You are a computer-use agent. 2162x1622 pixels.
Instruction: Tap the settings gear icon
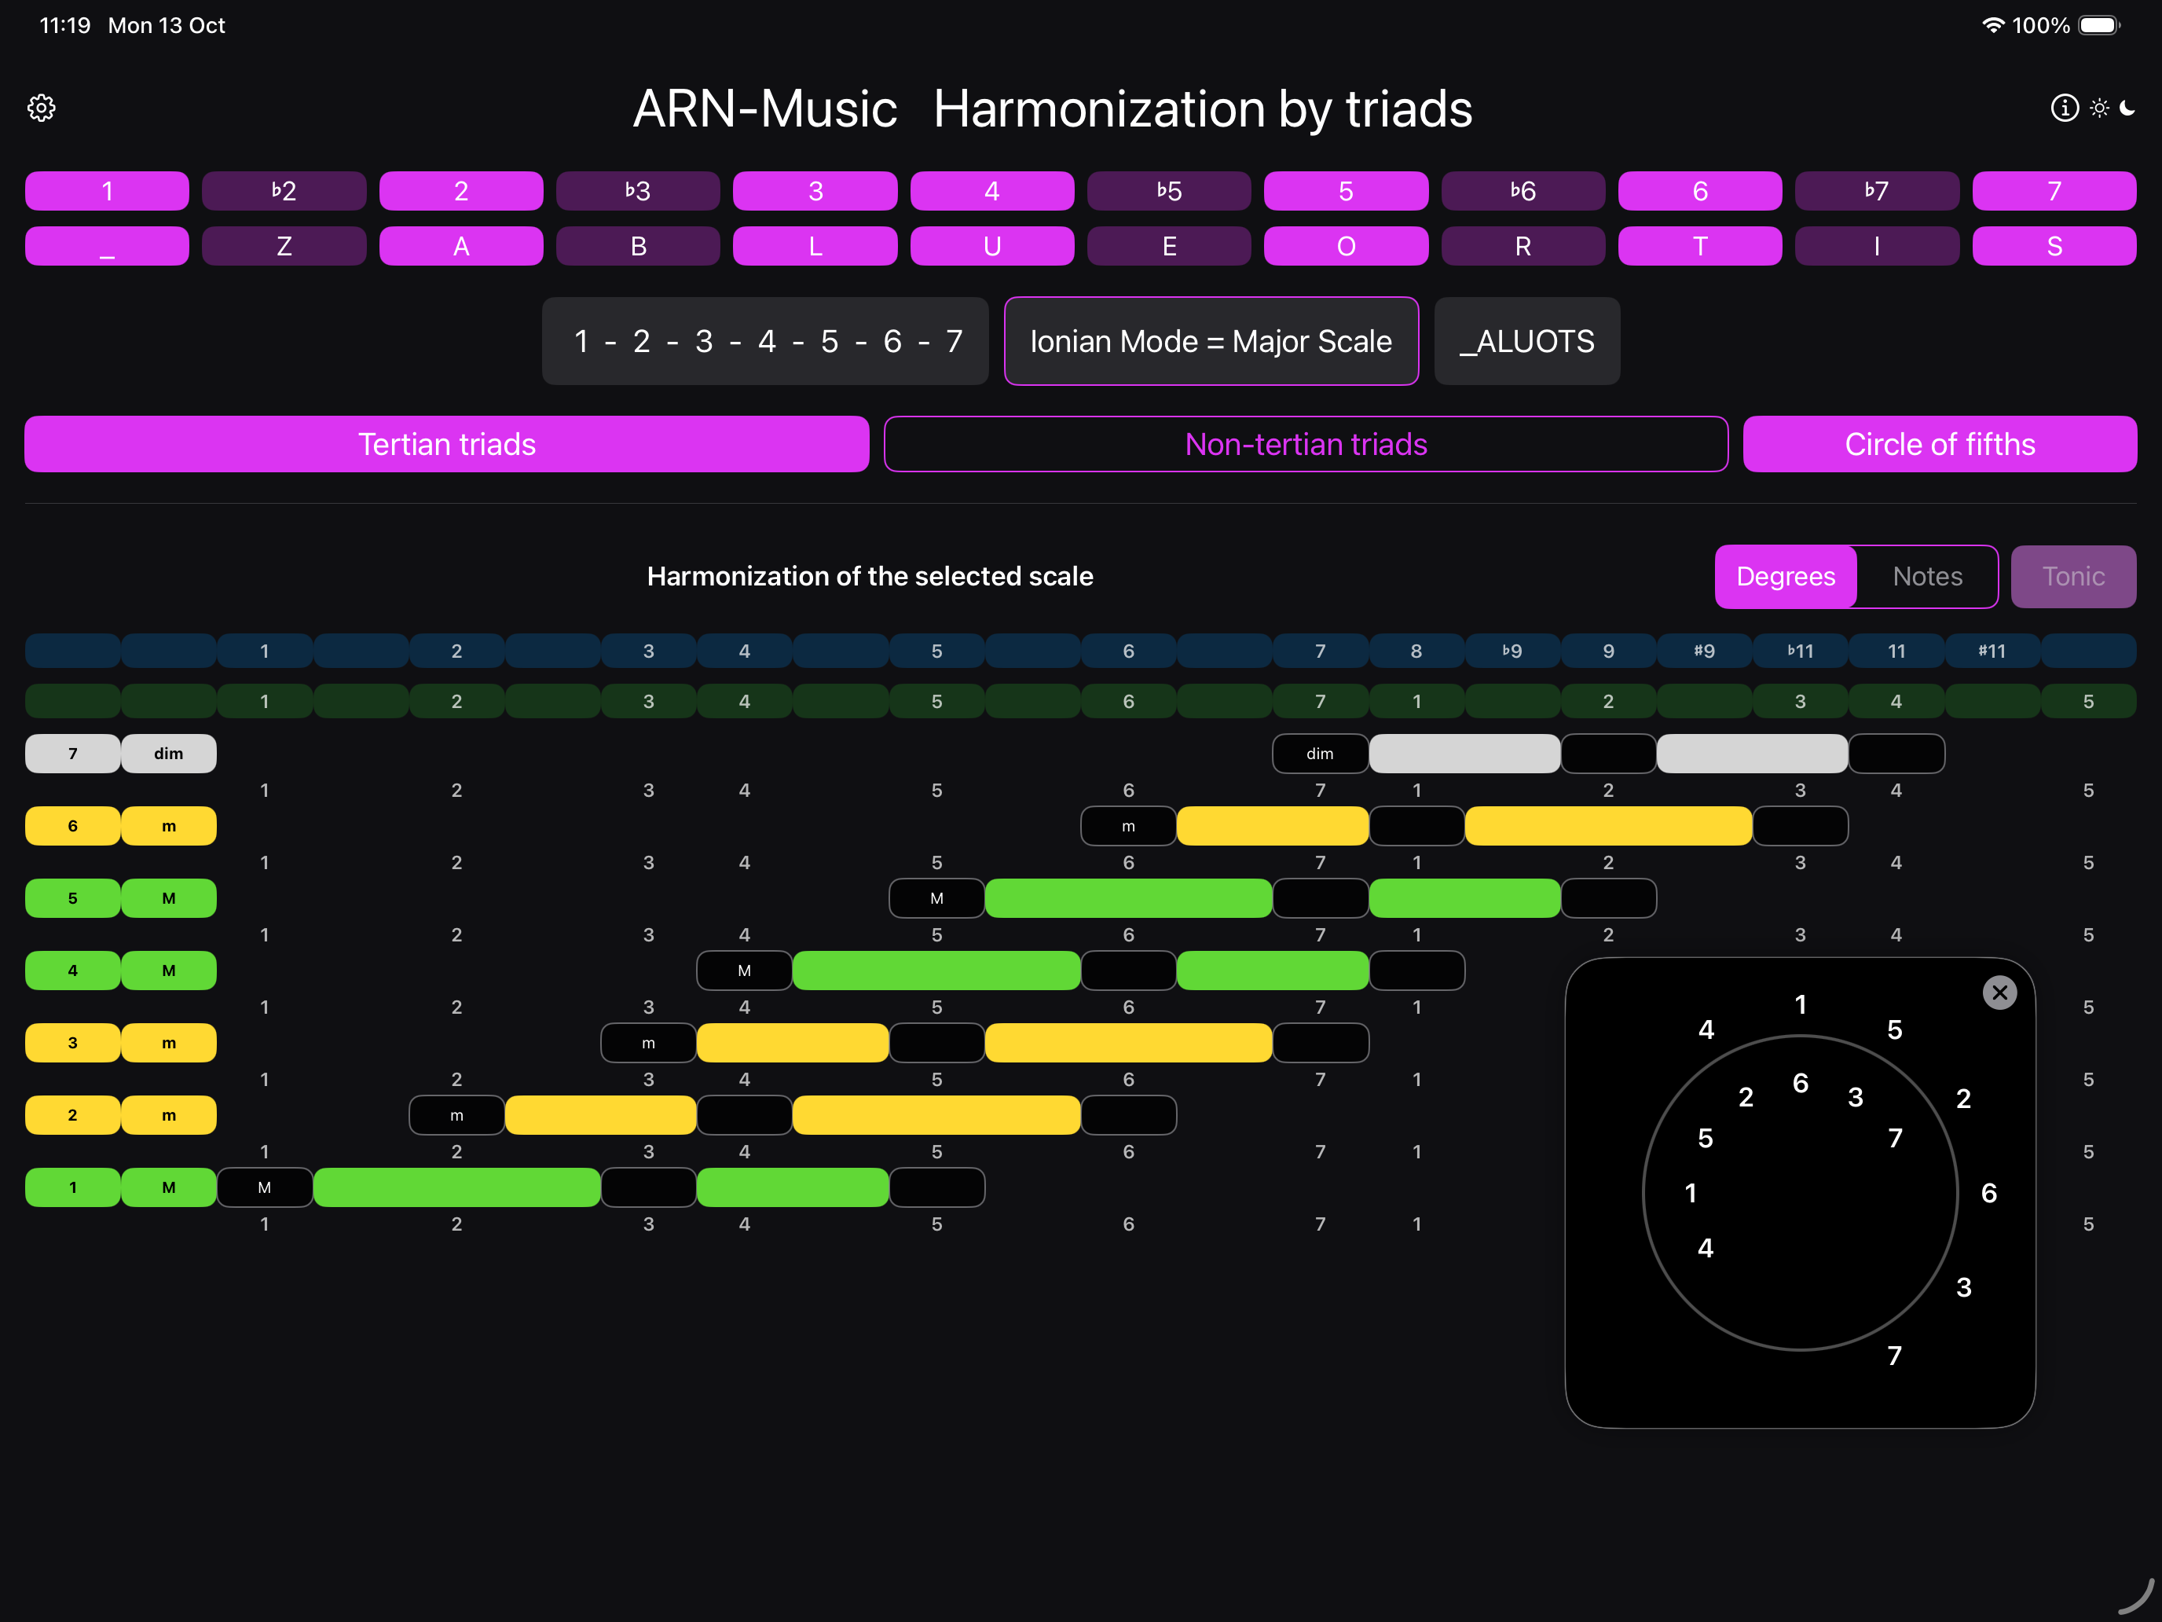tap(41, 108)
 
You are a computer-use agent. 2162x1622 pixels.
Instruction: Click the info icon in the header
tap(2065, 108)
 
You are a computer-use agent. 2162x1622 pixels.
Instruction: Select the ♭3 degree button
tap(638, 191)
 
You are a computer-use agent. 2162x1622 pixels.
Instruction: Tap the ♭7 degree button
tap(1877, 191)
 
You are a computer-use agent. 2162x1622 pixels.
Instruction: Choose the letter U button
tap(992, 247)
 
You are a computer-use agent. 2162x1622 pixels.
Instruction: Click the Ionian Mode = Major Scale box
tap(1211, 341)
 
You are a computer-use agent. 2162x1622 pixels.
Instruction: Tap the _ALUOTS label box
tap(1526, 341)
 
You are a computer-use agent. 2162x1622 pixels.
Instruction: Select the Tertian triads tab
tap(447, 444)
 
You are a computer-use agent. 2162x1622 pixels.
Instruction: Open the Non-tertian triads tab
tap(1306, 444)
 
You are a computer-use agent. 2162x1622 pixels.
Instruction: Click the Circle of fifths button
tap(1940, 444)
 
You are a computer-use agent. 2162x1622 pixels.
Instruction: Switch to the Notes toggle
tap(1927, 577)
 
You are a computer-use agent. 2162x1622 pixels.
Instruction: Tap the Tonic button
tap(2073, 577)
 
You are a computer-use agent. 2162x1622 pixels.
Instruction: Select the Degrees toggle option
tap(1786, 577)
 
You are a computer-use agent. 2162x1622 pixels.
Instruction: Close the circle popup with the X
tap(1999, 993)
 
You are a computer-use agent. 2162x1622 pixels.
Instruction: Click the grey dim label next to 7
tap(168, 754)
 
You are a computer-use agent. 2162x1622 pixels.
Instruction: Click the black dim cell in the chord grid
tap(1320, 754)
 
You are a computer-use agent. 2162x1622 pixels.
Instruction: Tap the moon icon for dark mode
tap(2127, 108)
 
